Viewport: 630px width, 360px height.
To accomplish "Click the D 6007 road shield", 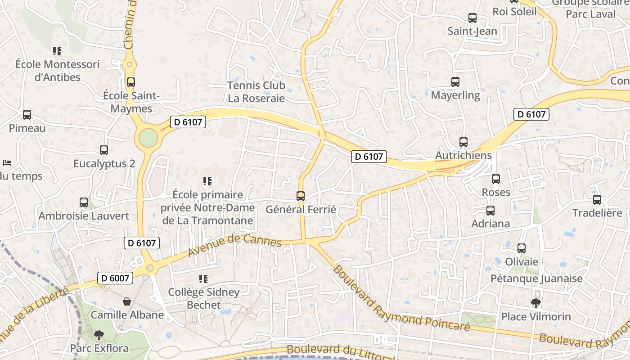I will point(115,278).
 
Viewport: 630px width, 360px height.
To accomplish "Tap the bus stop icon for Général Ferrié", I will point(301,196).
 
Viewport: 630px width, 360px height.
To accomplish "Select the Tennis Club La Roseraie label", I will point(256,91).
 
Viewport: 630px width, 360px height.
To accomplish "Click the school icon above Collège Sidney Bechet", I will point(203,279).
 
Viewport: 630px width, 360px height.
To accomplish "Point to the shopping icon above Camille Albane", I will point(127,301).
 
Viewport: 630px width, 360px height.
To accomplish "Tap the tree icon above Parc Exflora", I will point(99,335).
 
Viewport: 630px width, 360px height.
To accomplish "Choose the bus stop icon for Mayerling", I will point(455,82).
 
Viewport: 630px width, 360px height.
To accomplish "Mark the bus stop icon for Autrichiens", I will point(463,142).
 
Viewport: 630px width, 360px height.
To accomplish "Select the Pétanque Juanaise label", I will point(536,279).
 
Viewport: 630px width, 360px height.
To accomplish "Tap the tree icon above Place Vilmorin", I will point(535,303).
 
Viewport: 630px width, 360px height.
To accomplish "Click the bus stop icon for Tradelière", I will point(597,199).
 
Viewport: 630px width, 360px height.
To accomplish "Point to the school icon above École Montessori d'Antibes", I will point(57,51).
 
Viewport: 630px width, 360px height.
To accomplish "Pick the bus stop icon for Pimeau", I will point(27,115).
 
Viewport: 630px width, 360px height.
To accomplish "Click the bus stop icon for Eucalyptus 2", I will point(104,150).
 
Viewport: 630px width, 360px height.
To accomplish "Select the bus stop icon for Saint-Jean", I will point(472,18).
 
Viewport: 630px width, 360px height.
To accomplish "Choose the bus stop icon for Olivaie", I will point(522,248).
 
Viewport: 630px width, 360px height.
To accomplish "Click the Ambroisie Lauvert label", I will point(84,216).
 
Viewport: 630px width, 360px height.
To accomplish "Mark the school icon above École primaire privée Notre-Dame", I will point(207,181).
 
